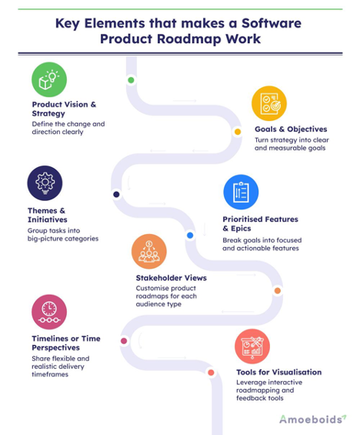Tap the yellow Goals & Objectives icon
[270, 105]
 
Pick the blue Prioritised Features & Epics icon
[239, 192]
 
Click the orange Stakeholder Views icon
[149, 252]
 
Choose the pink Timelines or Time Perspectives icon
[48, 310]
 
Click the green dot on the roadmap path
[132, 80]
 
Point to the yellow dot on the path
[238, 131]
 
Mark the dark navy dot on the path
[116, 194]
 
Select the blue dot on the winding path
[190, 235]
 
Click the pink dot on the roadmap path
[124, 340]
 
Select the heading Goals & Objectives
[291, 129]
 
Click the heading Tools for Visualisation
[278, 372]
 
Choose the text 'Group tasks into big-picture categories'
[65, 238]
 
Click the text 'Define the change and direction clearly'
[68, 127]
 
